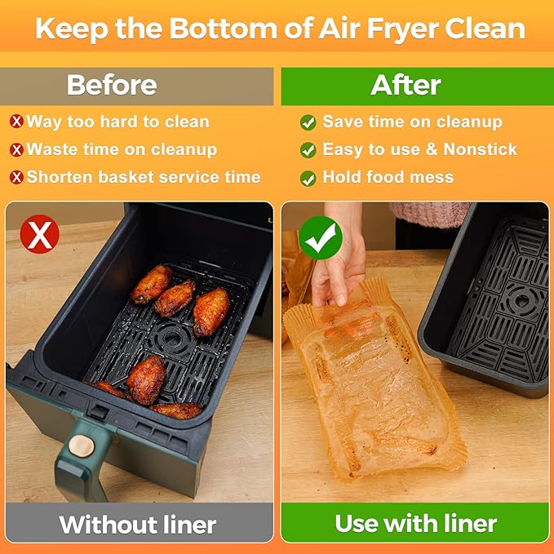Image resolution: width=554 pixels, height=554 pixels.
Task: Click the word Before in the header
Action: click(111, 85)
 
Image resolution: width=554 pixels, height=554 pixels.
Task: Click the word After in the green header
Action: click(406, 85)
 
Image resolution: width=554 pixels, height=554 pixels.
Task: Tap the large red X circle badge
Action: click(39, 235)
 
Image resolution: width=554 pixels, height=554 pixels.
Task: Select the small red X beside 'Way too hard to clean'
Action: click(16, 122)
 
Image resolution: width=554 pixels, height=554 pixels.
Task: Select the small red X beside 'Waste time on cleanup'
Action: click(16, 150)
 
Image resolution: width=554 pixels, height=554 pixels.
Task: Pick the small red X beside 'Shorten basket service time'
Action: click(16, 178)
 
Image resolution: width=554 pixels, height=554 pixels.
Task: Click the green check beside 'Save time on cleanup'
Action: click(308, 122)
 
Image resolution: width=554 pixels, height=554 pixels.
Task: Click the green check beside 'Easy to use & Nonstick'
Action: click(308, 150)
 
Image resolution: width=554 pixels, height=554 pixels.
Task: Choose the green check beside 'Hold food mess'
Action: click(308, 179)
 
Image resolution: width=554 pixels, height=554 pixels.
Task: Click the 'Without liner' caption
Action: click(137, 524)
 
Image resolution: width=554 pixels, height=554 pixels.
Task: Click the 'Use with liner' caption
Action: click(415, 523)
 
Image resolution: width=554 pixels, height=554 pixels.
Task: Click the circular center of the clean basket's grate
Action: click(520, 301)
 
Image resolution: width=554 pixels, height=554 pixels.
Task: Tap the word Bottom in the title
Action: click(219, 29)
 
